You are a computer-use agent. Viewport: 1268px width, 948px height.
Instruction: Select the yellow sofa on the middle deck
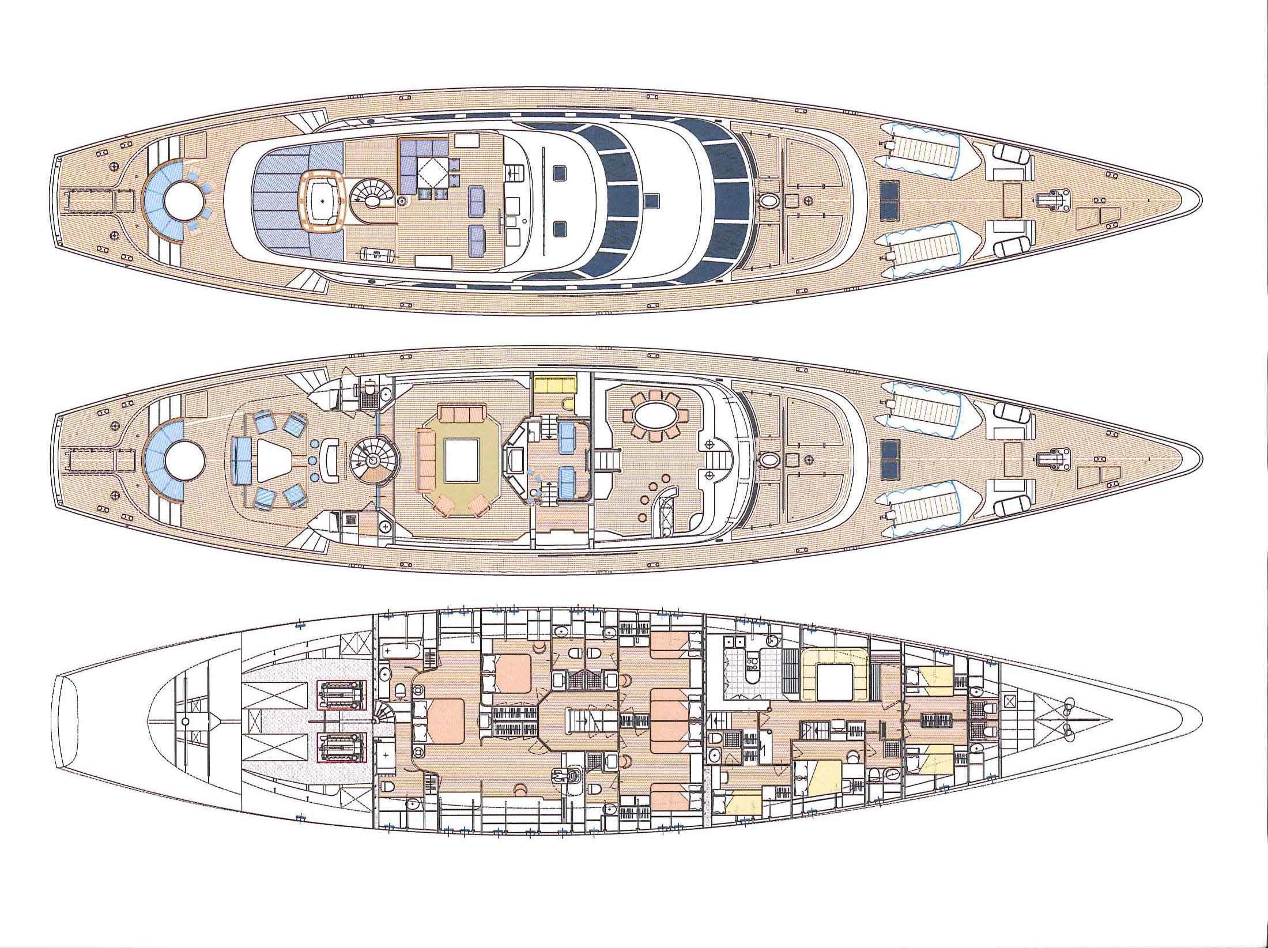[554, 383]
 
